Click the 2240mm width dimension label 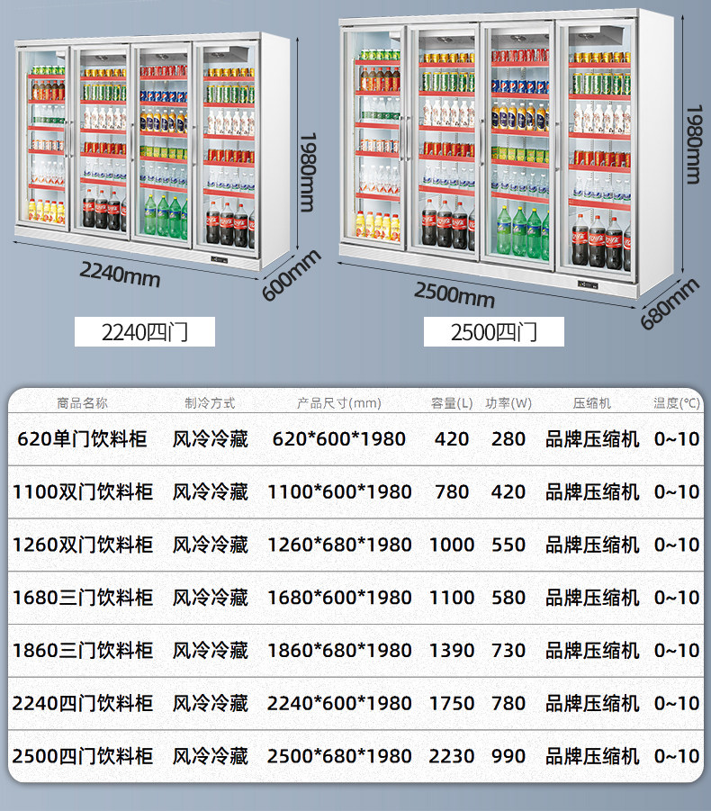tap(120, 275)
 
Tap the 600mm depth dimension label tap(291, 275)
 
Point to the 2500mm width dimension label tap(454, 295)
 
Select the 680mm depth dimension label tap(670, 303)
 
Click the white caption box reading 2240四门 tap(145, 331)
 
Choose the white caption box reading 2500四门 tap(494, 331)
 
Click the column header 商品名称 tap(82, 403)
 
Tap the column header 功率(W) tap(508, 403)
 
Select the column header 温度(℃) tap(677, 403)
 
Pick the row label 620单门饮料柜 tap(82, 439)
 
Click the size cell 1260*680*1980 tap(339, 545)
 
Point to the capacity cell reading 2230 tap(452, 756)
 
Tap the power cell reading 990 tap(508, 756)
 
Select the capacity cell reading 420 tap(452, 439)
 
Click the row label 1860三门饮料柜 tap(82, 651)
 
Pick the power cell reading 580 tap(508, 598)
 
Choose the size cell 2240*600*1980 tap(339, 703)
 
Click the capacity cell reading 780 tap(452, 491)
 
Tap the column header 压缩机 tap(591, 403)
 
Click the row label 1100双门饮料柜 tap(82, 491)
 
